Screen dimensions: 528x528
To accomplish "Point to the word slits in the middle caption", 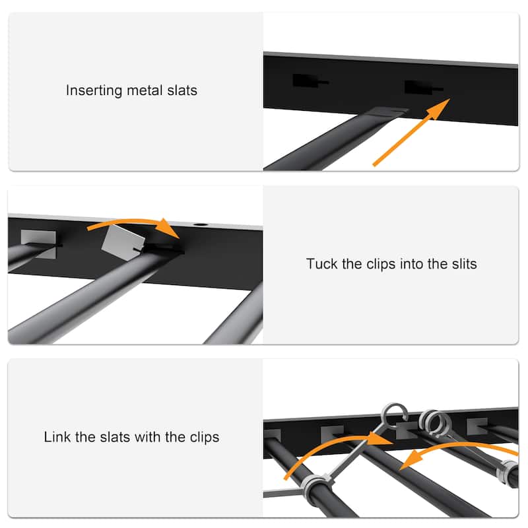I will pos(461,264).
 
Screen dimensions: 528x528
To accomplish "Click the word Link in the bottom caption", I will pos(56,437).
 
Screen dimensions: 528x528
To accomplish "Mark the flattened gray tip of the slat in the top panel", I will pos(389,112).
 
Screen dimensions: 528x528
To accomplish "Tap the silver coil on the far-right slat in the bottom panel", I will pos(509,471).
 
